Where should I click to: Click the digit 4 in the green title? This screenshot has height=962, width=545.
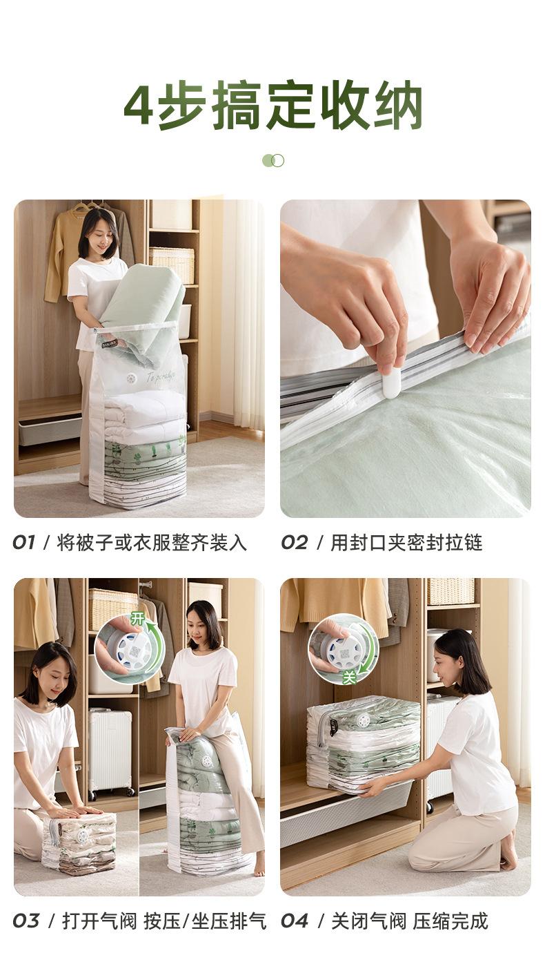[140, 105]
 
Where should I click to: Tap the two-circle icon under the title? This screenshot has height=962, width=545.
[273, 160]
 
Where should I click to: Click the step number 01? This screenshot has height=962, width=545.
[23, 543]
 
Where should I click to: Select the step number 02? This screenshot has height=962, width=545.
[294, 543]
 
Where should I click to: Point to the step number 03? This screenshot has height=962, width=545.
[26, 921]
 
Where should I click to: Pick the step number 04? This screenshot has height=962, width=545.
[295, 921]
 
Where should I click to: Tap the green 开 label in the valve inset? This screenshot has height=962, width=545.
[138, 619]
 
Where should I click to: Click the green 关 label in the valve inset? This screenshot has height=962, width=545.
[350, 677]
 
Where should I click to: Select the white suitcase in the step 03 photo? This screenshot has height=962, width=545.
[110, 749]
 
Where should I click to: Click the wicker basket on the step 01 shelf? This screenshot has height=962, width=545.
[172, 264]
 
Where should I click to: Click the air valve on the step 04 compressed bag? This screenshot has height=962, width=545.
[363, 720]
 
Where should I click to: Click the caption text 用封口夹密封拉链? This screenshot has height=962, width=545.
[406, 543]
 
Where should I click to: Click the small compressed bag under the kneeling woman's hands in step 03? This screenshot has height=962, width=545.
[79, 842]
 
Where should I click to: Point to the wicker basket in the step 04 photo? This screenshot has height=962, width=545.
[450, 592]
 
